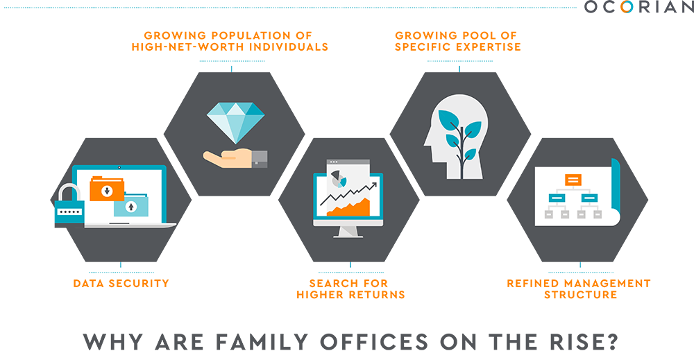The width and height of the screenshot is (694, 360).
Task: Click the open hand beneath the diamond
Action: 235,159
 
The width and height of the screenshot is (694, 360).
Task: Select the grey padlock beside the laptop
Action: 69,205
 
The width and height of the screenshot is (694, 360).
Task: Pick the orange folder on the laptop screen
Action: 107,189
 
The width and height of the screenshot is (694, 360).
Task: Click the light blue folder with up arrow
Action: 131,205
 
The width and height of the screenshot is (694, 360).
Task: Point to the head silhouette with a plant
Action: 455,137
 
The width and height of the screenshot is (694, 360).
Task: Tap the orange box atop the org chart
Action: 573,180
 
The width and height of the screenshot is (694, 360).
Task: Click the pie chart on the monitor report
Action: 339,178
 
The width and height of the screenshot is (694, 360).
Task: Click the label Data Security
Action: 121,284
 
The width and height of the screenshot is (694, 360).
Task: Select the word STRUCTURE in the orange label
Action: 581,295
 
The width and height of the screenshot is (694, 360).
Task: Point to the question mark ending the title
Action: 612,341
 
